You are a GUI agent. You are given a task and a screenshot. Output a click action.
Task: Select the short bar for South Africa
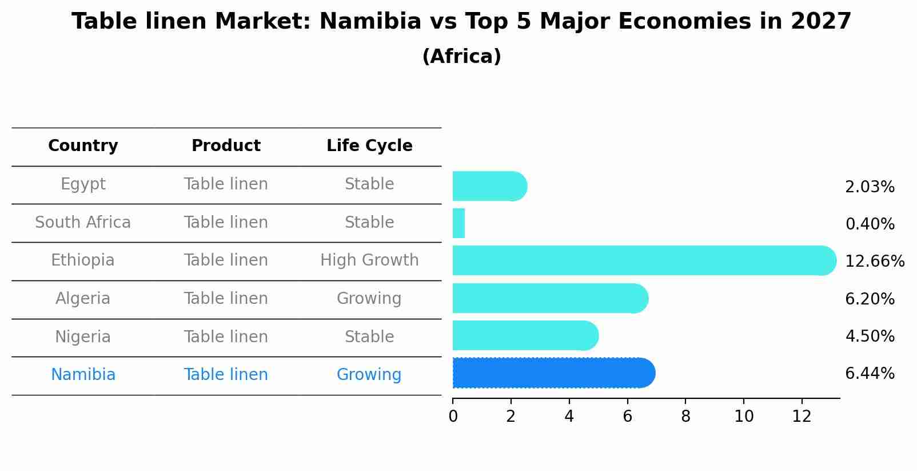coord(458,223)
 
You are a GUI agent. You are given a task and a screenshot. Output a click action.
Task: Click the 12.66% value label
coord(874,262)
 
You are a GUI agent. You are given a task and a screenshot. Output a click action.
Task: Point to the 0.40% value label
coord(870,224)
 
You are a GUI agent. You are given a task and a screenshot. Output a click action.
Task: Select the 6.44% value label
coord(870,374)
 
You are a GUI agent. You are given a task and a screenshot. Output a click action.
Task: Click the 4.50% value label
coord(870,336)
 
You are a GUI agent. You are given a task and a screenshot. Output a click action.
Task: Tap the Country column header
coord(83,146)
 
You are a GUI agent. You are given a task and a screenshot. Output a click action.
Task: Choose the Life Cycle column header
coord(369,146)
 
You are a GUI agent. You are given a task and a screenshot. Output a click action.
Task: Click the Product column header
coord(226,146)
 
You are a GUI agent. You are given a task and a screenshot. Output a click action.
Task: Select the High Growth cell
coord(369,260)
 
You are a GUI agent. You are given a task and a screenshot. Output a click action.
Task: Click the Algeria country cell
coord(83,299)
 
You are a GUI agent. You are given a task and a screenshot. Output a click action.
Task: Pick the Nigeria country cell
coord(83,337)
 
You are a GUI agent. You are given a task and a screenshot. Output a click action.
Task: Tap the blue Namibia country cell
coord(83,375)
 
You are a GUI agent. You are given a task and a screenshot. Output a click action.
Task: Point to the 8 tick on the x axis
coord(685,417)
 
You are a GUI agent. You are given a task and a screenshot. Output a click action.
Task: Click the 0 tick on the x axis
coord(453,417)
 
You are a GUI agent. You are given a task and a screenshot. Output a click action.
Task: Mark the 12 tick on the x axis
coord(802,417)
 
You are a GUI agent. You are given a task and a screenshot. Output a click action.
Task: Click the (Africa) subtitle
coord(461,57)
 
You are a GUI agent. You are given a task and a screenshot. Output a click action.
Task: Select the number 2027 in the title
coord(821,22)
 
